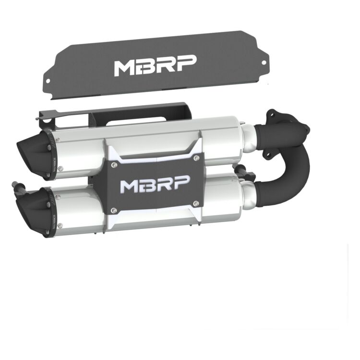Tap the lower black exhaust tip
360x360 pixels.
point(33,207)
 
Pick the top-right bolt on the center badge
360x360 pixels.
point(196,157)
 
